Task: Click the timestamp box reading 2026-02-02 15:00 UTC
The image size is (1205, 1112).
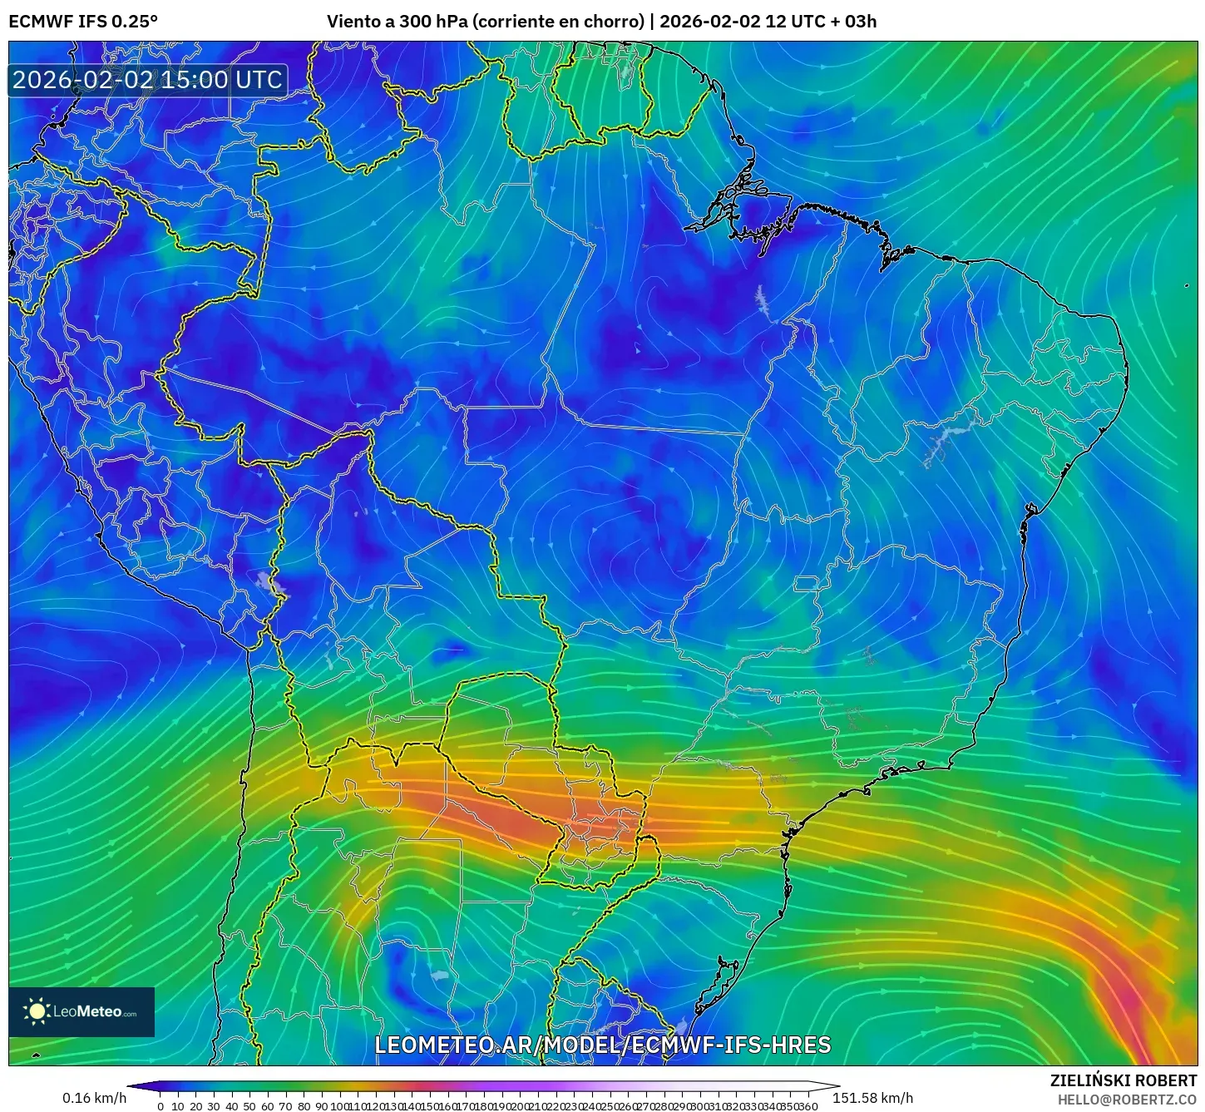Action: tap(148, 80)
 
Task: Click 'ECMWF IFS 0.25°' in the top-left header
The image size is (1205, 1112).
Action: tap(83, 22)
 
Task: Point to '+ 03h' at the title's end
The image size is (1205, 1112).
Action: tap(853, 22)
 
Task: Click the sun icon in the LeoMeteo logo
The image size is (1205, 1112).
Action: tap(37, 1011)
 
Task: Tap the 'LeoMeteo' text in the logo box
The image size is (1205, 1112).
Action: tap(87, 1012)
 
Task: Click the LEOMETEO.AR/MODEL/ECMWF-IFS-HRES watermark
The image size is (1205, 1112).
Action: tap(602, 1045)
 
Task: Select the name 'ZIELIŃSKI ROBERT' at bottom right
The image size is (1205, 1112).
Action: tap(1124, 1080)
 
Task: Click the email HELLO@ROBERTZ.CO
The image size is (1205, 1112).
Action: tap(1127, 1100)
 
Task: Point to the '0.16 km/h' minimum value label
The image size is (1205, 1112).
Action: tap(95, 1098)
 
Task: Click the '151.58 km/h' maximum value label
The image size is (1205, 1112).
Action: tap(872, 1098)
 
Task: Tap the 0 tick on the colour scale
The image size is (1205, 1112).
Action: tap(161, 1106)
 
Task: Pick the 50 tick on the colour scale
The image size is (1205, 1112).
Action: tap(249, 1106)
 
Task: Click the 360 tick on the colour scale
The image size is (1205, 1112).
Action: tap(808, 1106)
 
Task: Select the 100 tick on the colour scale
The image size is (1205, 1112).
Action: tap(338, 1106)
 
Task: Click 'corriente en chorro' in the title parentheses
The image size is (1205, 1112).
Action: tap(558, 22)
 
